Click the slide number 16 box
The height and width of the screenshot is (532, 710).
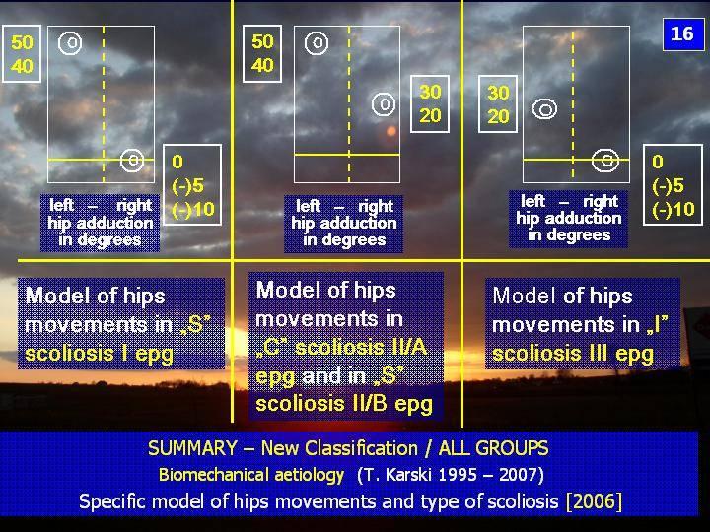(x=682, y=33)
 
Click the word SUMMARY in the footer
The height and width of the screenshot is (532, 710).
(x=192, y=448)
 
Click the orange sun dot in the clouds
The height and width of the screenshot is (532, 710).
(x=391, y=131)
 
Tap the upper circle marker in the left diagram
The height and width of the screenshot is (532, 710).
(x=70, y=43)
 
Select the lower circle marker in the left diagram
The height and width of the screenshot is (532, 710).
(x=132, y=160)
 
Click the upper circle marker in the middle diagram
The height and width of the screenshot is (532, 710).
(x=317, y=43)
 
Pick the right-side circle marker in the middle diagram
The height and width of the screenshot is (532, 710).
(x=384, y=104)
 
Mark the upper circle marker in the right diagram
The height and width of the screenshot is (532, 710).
(x=544, y=109)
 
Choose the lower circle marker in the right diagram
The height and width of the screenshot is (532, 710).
(x=605, y=161)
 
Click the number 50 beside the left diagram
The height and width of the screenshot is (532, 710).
(x=22, y=42)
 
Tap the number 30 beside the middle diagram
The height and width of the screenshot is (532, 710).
(x=430, y=93)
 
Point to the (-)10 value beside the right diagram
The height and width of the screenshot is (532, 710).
(x=674, y=209)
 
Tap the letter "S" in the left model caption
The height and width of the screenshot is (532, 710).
(x=195, y=325)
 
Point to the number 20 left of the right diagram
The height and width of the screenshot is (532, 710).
(x=498, y=116)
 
